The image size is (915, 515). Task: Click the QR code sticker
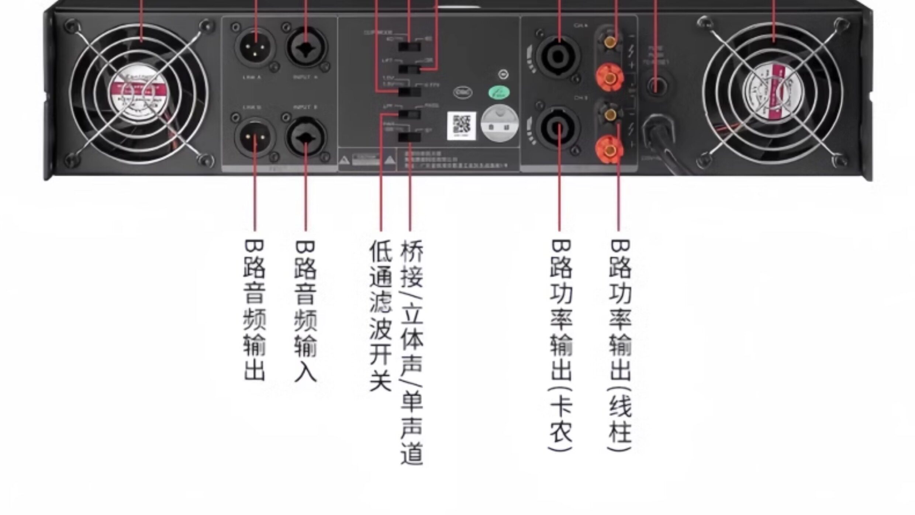click(x=461, y=126)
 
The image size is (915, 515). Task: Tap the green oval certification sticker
click(x=499, y=93)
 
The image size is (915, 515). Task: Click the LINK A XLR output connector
click(x=255, y=47)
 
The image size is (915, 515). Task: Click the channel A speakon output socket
click(x=559, y=56)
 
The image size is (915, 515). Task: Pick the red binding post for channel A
click(x=610, y=77)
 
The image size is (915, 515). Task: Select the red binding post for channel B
click(x=610, y=150)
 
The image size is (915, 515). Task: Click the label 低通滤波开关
click(x=380, y=316)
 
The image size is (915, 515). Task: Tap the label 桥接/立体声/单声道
click(x=411, y=352)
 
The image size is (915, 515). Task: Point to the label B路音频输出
click(x=254, y=310)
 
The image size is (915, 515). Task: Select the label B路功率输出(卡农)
click(x=561, y=345)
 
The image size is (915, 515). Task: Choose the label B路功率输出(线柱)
click(x=620, y=345)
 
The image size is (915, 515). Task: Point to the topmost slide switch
click(x=410, y=47)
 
